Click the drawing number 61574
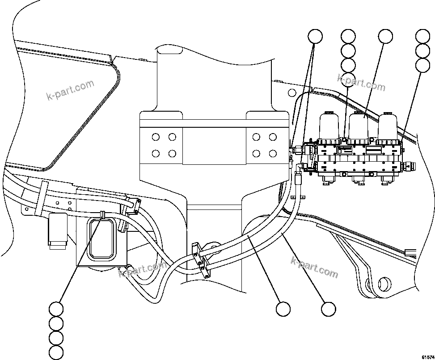coord(427,356)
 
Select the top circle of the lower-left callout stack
coord(56,309)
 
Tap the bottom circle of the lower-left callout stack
coord(56,352)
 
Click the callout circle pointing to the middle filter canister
coord(385,37)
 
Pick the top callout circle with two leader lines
coord(316,37)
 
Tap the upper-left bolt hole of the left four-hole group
coord(156,137)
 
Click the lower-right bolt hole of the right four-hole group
coord(273,153)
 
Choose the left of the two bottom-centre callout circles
coord(283,309)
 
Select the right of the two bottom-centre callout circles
coord(329,309)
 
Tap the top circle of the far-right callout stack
coord(422,37)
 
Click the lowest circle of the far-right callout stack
coord(422,65)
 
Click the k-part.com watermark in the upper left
coord(70,90)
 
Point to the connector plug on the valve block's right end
coord(409,166)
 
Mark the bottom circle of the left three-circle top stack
coord(348,65)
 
